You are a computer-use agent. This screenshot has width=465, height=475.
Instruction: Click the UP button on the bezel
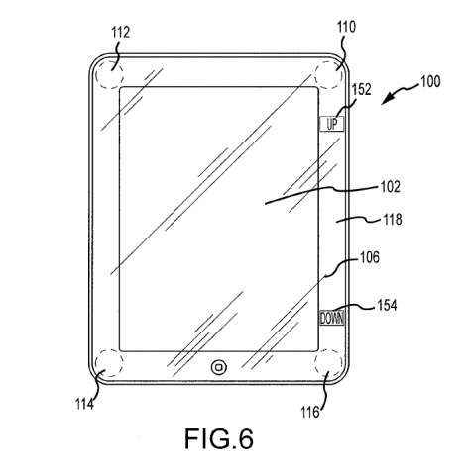[x=331, y=124]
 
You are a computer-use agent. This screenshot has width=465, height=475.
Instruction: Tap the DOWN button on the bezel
[x=331, y=318]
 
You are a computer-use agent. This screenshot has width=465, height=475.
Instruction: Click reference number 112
[x=120, y=33]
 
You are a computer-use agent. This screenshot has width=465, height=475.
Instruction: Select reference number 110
[x=346, y=27]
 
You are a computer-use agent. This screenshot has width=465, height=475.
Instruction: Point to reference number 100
[x=430, y=81]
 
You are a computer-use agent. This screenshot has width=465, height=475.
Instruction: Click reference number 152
[x=361, y=89]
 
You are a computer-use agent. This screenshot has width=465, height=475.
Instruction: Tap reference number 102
[x=391, y=187]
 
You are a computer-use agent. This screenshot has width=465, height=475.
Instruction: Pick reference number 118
[x=392, y=219]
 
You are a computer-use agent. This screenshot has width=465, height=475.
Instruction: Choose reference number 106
[x=370, y=257]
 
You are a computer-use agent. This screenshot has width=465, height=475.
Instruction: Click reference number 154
[x=387, y=305]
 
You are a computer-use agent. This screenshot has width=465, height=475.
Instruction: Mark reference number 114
[x=84, y=404]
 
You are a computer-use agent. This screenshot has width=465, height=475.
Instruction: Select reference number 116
[x=310, y=412]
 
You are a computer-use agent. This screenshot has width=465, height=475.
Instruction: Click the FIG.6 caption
[x=219, y=438]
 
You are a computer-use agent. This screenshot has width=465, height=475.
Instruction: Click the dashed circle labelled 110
[x=314, y=75]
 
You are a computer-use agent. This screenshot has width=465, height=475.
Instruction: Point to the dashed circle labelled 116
[x=314, y=363]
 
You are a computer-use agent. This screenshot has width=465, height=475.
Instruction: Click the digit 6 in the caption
[x=245, y=438]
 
